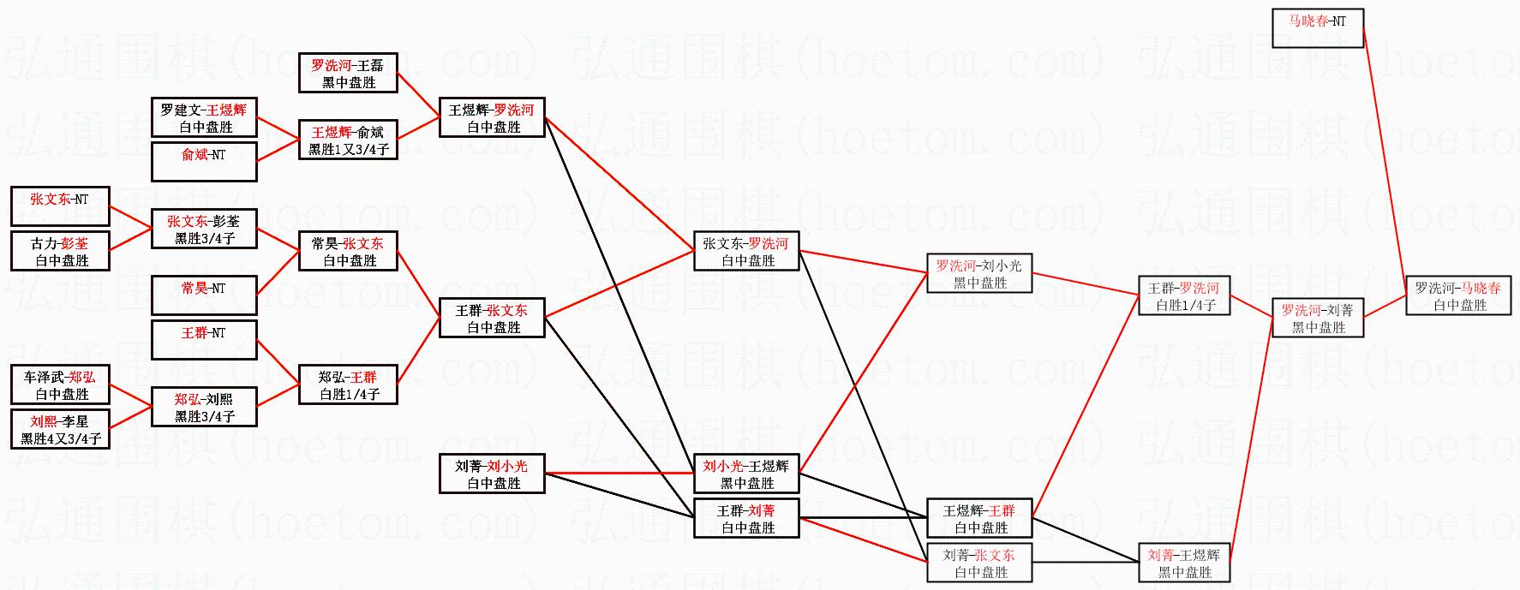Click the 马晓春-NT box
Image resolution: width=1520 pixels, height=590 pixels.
(x=1318, y=28)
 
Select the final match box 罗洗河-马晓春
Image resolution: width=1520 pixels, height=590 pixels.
(x=1457, y=296)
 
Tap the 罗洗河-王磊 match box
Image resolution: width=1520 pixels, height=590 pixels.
(x=348, y=73)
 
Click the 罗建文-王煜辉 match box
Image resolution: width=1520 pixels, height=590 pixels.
(x=204, y=117)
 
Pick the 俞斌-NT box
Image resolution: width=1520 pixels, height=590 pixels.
(x=204, y=162)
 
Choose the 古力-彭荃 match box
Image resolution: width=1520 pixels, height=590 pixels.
(x=60, y=251)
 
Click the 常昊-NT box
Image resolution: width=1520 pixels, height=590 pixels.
(x=204, y=295)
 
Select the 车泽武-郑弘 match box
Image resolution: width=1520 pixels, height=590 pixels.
(x=60, y=384)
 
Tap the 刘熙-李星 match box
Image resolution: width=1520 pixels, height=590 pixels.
(x=60, y=429)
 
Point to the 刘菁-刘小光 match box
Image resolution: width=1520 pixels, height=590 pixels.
(x=492, y=474)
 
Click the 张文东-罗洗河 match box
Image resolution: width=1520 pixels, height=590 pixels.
(x=745, y=251)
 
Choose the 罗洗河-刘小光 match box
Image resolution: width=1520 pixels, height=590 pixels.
(x=978, y=273)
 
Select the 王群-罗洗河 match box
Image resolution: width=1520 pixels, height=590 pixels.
(x=1184, y=295)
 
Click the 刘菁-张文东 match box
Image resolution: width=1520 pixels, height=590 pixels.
(x=978, y=563)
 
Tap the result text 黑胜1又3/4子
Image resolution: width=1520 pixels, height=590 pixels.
(x=349, y=149)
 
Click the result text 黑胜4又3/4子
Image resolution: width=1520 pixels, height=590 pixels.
(x=61, y=438)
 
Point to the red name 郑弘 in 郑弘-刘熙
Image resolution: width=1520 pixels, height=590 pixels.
(x=188, y=400)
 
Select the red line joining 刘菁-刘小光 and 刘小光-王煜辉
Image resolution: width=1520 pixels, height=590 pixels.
(x=619, y=473)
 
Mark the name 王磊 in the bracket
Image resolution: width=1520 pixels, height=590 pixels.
(x=370, y=65)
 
